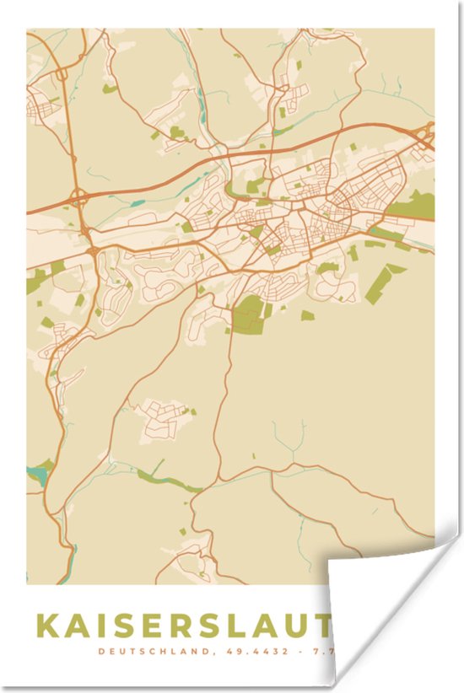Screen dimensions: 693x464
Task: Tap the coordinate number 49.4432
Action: click(x=254, y=651)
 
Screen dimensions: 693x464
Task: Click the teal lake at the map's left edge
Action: click(x=37, y=475)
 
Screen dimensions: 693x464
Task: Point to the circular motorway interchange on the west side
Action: click(x=80, y=200)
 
